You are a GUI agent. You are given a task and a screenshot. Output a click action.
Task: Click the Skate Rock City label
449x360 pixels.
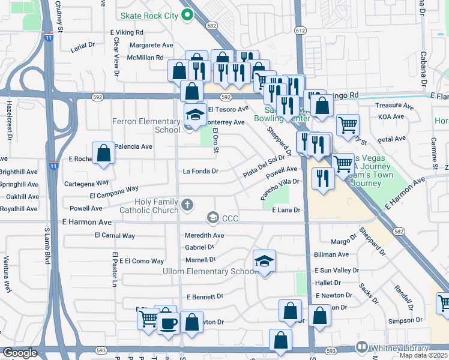(149, 16)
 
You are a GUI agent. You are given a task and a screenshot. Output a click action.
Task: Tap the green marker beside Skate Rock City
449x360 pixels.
(187, 16)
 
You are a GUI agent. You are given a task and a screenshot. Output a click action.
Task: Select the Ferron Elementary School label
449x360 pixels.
(146, 125)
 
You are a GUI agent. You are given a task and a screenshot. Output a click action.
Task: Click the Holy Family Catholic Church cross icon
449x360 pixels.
(187, 205)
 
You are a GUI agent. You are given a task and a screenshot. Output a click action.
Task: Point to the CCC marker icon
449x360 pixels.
(212, 218)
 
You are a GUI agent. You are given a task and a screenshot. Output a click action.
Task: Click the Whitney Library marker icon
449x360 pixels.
(361, 347)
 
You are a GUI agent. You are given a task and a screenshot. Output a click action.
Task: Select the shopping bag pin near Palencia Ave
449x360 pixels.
(104, 154)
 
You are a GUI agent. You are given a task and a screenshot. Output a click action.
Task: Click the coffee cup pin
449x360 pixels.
(167, 324)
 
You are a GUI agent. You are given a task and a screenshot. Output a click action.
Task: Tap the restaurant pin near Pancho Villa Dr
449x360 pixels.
(324, 178)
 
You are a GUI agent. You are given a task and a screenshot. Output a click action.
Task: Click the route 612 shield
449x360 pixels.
(300, 30)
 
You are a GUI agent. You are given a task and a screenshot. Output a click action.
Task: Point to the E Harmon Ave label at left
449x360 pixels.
(87, 222)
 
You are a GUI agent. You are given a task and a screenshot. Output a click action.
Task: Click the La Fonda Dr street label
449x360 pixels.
(200, 171)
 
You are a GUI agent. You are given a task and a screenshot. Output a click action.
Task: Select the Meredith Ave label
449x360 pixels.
(204, 236)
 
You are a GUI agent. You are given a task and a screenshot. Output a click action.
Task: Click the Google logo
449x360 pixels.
(20, 353)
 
